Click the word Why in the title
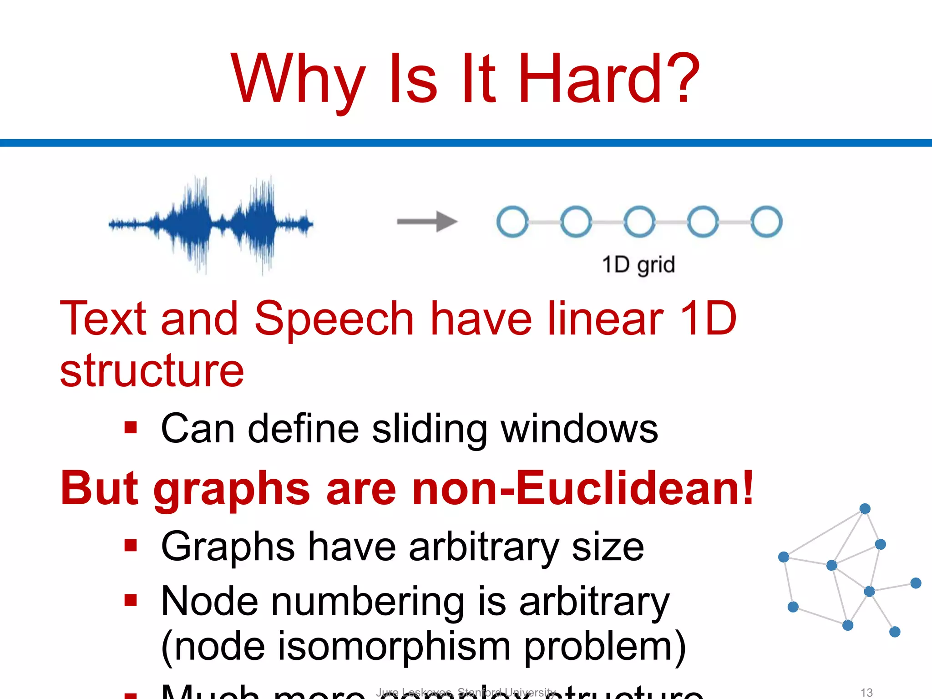click(x=298, y=80)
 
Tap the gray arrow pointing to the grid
click(x=427, y=222)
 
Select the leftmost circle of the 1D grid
click(x=512, y=222)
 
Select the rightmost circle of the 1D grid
click(x=766, y=222)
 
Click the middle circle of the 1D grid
click(x=639, y=222)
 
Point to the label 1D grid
click(x=638, y=265)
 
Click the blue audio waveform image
click(x=211, y=224)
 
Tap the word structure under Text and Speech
click(x=152, y=371)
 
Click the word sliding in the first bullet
click(x=430, y=429)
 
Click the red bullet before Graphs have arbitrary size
click(x=131, y=545)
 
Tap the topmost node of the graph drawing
click(x=865, y=509)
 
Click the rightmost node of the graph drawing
click(x=916, y=583)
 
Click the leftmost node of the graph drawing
click(x=783, y=557)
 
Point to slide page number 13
click(x=866, y=692)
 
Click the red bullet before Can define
click(x=131, y=428)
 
